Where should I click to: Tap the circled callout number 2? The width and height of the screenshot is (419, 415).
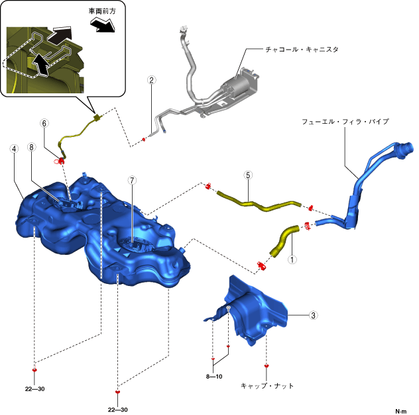pyautogui.click(x=152, y=81)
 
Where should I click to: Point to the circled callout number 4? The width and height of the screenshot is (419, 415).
pyautogui.click(x=13, y=149)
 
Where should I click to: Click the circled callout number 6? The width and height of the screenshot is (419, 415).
pyautogui.click(x=44, y=123)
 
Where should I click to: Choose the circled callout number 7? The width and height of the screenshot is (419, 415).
pyautogui.click(x=132, y=179)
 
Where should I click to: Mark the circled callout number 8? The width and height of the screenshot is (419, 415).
pyautogui.click(x=31, y=149)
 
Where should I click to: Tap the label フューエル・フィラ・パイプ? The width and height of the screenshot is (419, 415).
pyautogui.click(x=345, y=122)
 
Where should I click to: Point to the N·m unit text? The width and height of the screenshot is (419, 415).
pyautogui.click(x=401, y=411)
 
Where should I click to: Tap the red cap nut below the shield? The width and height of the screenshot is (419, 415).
pyautogui.click(x=267, y=365)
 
